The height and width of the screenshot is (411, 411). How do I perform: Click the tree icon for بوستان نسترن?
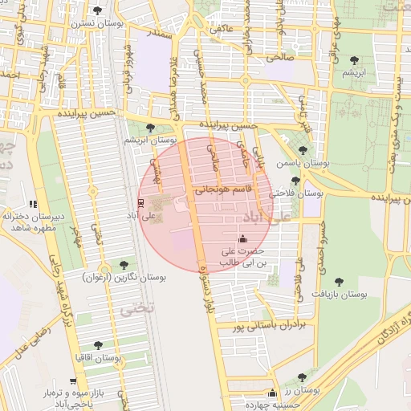coord(98,10)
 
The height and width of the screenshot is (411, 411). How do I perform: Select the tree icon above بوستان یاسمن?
coord(303,150)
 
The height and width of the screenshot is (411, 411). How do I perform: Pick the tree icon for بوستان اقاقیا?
coord(98,344)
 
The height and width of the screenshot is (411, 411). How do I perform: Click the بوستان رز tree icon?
coord(302,377)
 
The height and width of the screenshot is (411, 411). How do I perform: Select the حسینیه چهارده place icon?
coord(272,393)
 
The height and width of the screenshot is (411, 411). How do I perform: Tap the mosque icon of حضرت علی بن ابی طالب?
coord(243,238)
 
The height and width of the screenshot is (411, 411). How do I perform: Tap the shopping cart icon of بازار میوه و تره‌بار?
coord(73,381)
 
